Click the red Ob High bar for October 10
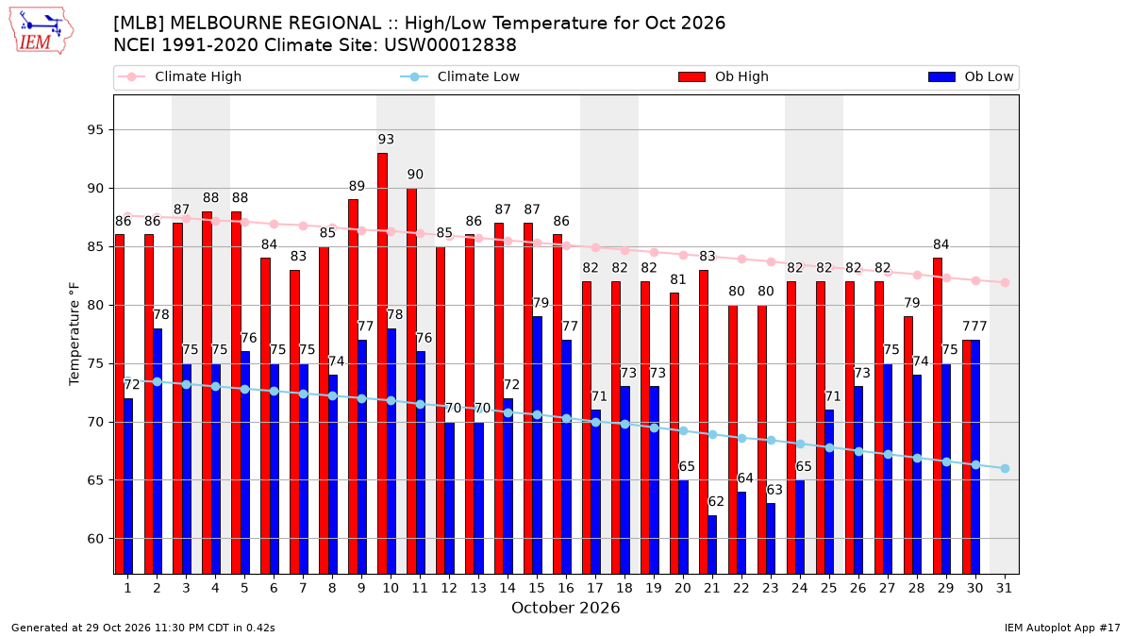383,363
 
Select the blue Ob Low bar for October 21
712,545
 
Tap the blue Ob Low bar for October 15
537,445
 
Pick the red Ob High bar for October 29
938,416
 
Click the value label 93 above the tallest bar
386,139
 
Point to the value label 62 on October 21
716,501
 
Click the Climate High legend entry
180,76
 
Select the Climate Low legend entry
460,76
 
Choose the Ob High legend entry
724,76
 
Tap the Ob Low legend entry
971,76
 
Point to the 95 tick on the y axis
95,130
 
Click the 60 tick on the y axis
95,539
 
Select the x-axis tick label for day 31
1004,588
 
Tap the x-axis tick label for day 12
449,588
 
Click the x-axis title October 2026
565,608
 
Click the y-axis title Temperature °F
75,334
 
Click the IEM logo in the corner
42,31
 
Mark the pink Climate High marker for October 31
1006,282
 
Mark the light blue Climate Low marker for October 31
1006,469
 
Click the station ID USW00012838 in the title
450,45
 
